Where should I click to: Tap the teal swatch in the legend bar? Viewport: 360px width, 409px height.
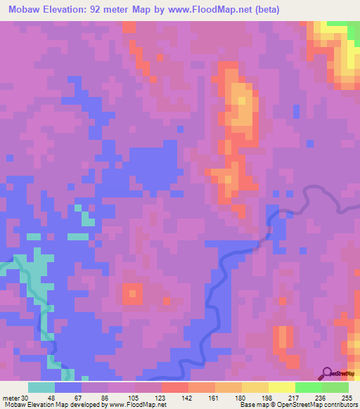tap(41, 387)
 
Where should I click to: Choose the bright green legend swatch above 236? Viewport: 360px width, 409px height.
tap(308, 387)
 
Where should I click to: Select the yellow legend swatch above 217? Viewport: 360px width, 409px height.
tap(281, 387)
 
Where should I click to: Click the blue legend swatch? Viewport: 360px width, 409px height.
tap(68, 387)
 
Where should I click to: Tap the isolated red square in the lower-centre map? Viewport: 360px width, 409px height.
tap(131, 293)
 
